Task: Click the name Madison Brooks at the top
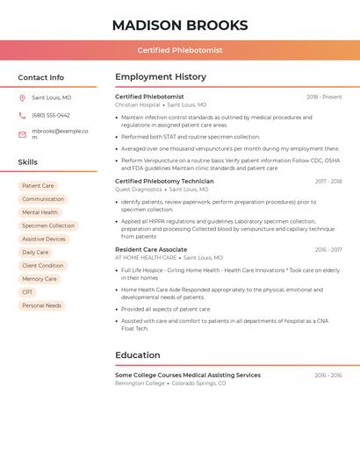tap(180, 25)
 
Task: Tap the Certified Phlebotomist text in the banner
tap(180, 50)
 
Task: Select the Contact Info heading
tap(40, 77)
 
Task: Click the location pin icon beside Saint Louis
tap(22, 97)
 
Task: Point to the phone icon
tap(22, 116)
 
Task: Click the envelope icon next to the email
tap(22, 134)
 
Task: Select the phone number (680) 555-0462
tap(51, 116)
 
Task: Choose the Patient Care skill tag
tap(38, 186)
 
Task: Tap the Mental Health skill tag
tap(40, 212)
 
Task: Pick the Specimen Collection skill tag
tap(48, 225)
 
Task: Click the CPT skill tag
tap(28, 292)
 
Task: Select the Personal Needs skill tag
tap(41, 305)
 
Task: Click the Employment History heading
tap(161, 77)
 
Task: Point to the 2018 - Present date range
tap(324, 97)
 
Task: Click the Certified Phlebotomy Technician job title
tap(164, 182)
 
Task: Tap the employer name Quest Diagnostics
tap(138, 190)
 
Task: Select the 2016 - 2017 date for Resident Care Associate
tap(328, 250)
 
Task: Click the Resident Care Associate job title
tap(151, 250)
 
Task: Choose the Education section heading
tap(138, 355)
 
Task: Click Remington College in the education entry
tap(140, 383)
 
